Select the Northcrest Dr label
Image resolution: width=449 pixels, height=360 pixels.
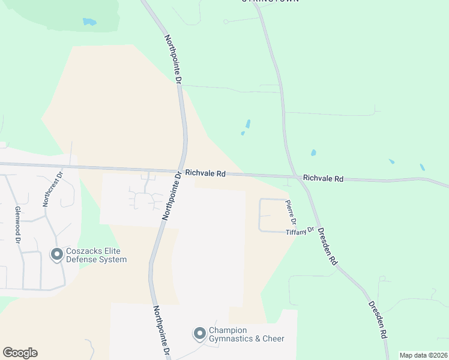pos(51,190)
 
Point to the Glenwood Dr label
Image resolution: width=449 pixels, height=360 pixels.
pos(17,224)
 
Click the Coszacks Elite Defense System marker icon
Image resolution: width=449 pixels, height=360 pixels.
pos(57,255)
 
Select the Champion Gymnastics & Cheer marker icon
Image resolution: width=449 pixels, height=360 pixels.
pos(199,333)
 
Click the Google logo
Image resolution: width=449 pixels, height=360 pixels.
pos(20,353)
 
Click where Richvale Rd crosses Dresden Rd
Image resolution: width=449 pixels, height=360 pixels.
pos(296,176)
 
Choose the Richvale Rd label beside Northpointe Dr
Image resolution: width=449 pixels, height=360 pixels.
pos(205,173)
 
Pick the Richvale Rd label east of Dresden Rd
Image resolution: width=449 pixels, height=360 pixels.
pos(323,178)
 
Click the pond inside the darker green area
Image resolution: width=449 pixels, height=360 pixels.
pos(89,22)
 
